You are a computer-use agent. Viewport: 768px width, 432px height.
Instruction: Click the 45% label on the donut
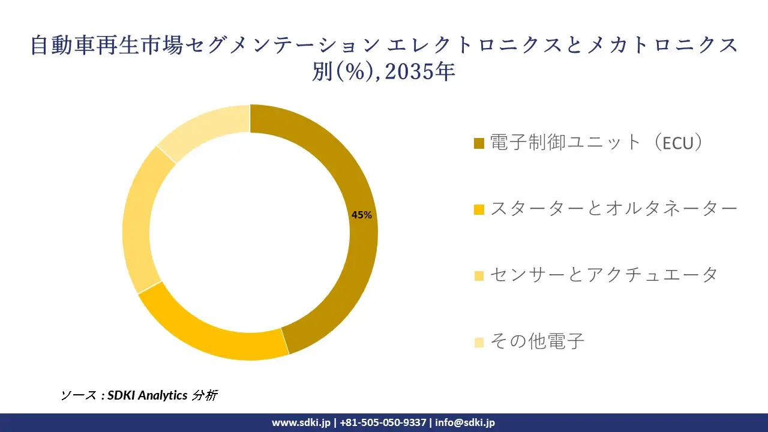tap(361, 215)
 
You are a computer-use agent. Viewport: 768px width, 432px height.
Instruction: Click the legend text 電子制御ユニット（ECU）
tap(596, 143)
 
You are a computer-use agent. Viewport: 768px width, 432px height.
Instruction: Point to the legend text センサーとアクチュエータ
tap(604, 275)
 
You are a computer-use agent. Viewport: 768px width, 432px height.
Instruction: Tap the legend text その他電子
tap(537, 341)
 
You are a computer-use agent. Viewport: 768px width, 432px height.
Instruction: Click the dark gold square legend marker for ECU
tap(479, 144)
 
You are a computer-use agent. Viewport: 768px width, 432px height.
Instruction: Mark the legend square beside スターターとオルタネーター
tap(479, 210)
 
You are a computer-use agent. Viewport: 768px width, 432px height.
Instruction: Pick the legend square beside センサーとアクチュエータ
tap(479, 276)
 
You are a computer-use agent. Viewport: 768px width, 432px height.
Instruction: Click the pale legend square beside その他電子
tap(479, 343)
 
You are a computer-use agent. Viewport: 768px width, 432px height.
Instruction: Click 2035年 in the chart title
tap(420, 72)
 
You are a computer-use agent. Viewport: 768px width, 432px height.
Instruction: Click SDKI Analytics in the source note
tap(148, 395)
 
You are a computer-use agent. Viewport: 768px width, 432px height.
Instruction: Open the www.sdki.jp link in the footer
tap(301, 422)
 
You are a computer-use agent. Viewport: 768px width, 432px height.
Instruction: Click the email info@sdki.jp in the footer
tap(465, 422)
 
